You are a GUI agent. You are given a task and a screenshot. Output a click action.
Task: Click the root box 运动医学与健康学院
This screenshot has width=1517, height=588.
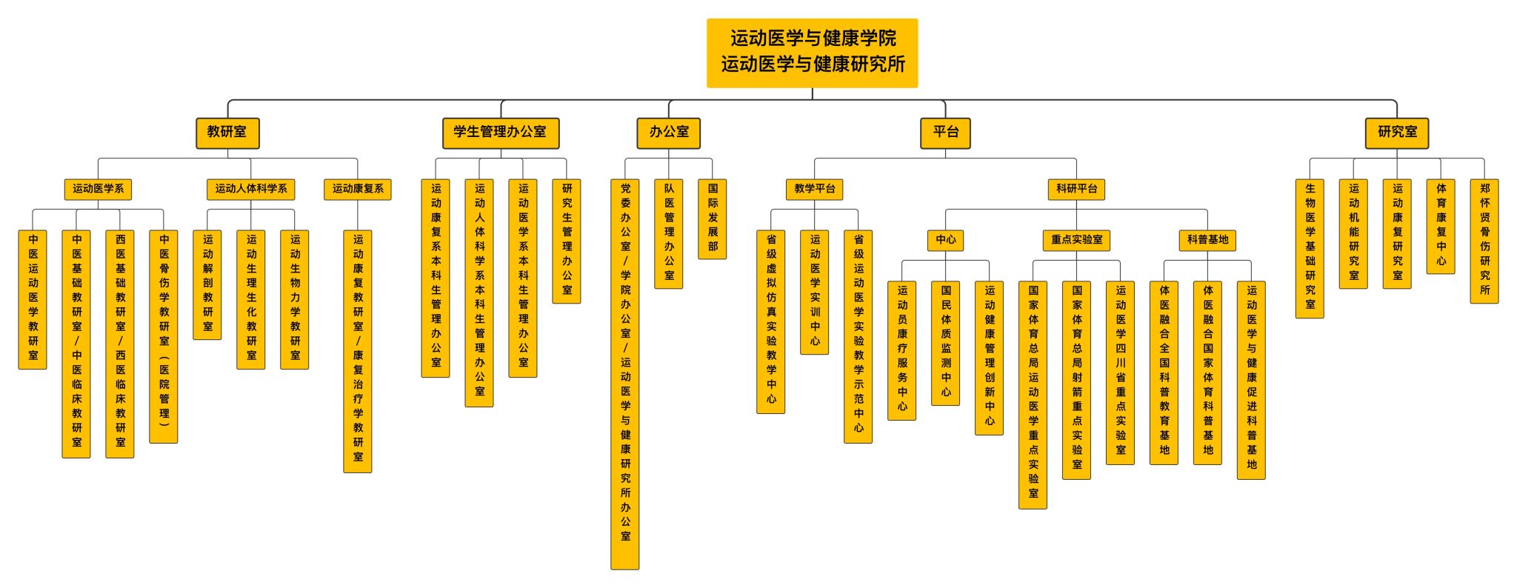[812, 53]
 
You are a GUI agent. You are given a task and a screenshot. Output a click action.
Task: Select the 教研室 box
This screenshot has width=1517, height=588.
[227, 133]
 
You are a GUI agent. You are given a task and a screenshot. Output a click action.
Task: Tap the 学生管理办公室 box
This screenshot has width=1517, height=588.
[500, 133]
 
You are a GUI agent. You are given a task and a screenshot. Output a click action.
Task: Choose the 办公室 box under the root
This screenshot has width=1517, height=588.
[669, 133]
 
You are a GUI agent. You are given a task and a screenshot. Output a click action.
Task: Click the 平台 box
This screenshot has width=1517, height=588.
[945, 133]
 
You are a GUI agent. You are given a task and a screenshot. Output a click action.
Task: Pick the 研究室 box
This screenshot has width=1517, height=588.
[1397, 133]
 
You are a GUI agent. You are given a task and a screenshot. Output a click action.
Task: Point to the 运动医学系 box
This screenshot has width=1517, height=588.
[98, 189]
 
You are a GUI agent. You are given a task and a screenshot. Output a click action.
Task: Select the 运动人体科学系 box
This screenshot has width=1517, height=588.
[250, 189]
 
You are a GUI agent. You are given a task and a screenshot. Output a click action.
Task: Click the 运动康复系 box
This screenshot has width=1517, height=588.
[358, 189]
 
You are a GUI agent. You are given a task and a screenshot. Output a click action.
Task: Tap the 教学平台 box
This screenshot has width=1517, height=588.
[814, 189]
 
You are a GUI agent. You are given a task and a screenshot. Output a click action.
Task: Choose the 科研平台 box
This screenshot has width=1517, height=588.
[1076, 189]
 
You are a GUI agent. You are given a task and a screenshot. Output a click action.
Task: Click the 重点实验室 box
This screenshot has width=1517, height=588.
[1076, 240]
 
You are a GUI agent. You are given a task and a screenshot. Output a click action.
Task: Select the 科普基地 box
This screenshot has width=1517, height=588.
[1207, 240]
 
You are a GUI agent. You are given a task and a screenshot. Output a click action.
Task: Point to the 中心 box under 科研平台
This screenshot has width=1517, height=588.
[945, 240]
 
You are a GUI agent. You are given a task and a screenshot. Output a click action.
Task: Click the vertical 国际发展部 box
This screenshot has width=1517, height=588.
[713, 218]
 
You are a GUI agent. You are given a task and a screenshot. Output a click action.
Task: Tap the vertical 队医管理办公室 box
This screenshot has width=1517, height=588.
[669, 233]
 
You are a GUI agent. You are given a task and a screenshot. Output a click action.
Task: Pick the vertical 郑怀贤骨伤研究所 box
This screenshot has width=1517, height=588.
[1484, 240]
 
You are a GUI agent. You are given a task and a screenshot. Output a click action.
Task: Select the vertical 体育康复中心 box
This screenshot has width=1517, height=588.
[1441, 225]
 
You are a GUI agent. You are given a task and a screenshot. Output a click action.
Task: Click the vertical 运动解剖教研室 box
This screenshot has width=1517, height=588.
[207, 284]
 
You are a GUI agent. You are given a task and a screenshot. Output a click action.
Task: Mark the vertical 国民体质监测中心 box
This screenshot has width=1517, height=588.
[945, 342]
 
